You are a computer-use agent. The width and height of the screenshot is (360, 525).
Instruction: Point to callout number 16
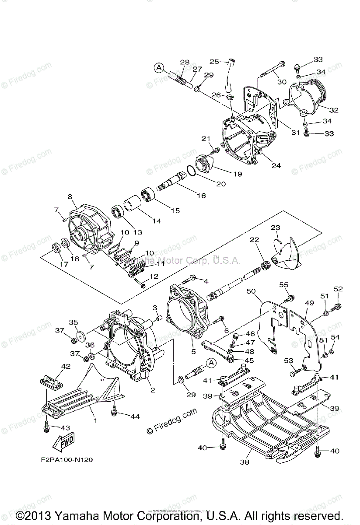[x=201, y=196]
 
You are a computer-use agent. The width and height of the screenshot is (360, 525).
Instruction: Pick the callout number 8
[x=70, y=197]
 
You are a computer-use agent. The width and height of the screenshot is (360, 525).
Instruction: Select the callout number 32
[x=334, y=110]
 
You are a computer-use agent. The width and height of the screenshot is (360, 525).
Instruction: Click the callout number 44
[x=135, y=416]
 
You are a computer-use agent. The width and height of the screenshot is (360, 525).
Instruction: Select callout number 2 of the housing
[x=153, y=390]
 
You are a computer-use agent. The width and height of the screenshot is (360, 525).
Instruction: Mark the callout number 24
[x=276, y=165]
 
